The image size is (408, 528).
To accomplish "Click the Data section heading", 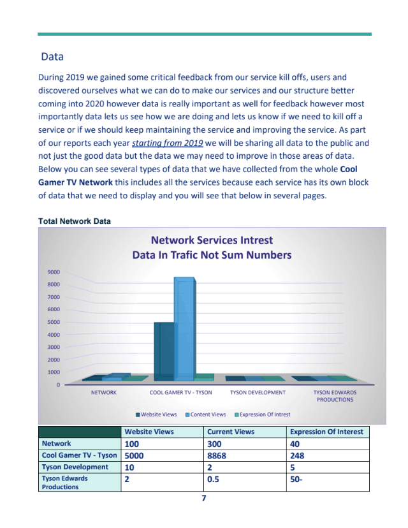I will pos(52,57).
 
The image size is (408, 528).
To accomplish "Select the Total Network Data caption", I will pos(75,221).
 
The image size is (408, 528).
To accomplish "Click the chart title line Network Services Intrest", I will pos(211,240).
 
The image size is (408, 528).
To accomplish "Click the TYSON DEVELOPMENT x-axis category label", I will pos(258,393).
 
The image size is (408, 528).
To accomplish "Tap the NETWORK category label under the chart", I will pos(104,393).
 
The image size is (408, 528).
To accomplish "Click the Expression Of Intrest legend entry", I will pos(261,414).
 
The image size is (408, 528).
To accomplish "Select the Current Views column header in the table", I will pos(231,432).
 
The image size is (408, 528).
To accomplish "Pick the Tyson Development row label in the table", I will pos(75,467).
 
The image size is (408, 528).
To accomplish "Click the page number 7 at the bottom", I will pos(203,499).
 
